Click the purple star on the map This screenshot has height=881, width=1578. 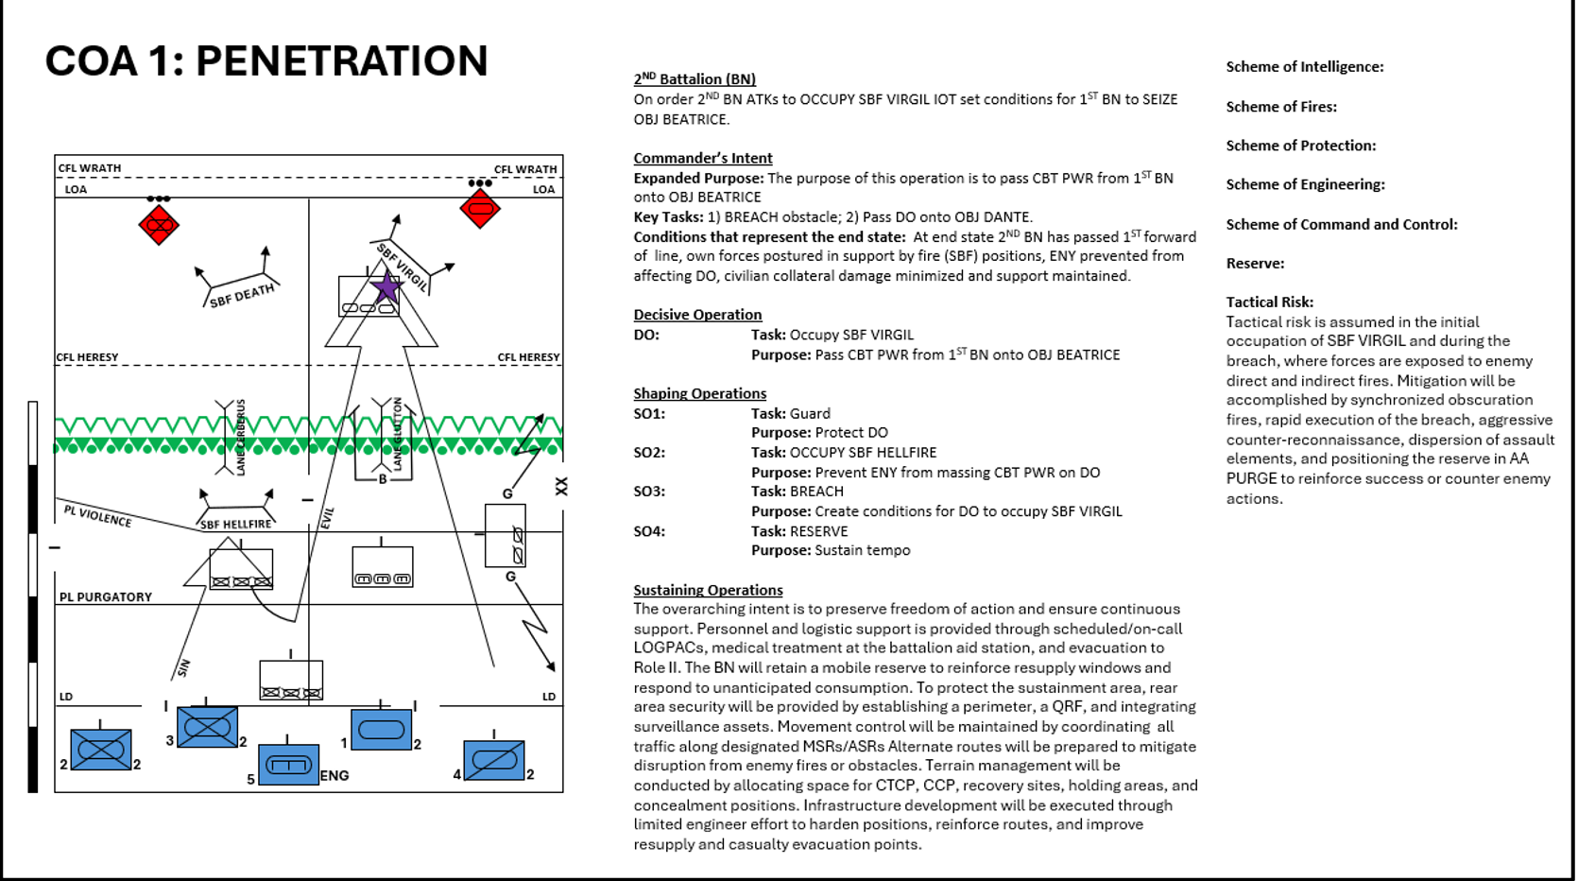click(386, 286)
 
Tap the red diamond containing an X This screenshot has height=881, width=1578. click(159, 225)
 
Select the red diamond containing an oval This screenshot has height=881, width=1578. click(480, 208)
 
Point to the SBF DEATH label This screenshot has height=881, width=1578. click(242, 296)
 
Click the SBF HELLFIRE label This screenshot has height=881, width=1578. click(235, 524)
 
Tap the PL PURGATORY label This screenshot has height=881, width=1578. click(106, 597)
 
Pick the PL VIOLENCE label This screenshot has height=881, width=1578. click(97, 516)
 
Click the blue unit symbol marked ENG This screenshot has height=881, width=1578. click(289, 765)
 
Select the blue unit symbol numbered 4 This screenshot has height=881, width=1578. click(494, 760)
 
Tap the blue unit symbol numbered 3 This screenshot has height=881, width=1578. click(207, 727)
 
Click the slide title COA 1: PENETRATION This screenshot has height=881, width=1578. click(266, 61)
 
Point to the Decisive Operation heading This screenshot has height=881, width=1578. click(697, 315)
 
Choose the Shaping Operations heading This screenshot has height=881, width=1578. click(699, 393)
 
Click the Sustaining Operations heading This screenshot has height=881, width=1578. click(708, 590)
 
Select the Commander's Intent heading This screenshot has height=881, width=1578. click(702, 158)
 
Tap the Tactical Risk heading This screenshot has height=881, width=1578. click(1269, 302)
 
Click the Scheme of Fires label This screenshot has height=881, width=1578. click(1280, 107)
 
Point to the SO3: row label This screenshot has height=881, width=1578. click(649, 492)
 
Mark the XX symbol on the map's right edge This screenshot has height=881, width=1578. click(561, 486)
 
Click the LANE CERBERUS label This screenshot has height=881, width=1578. click(241, 437)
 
